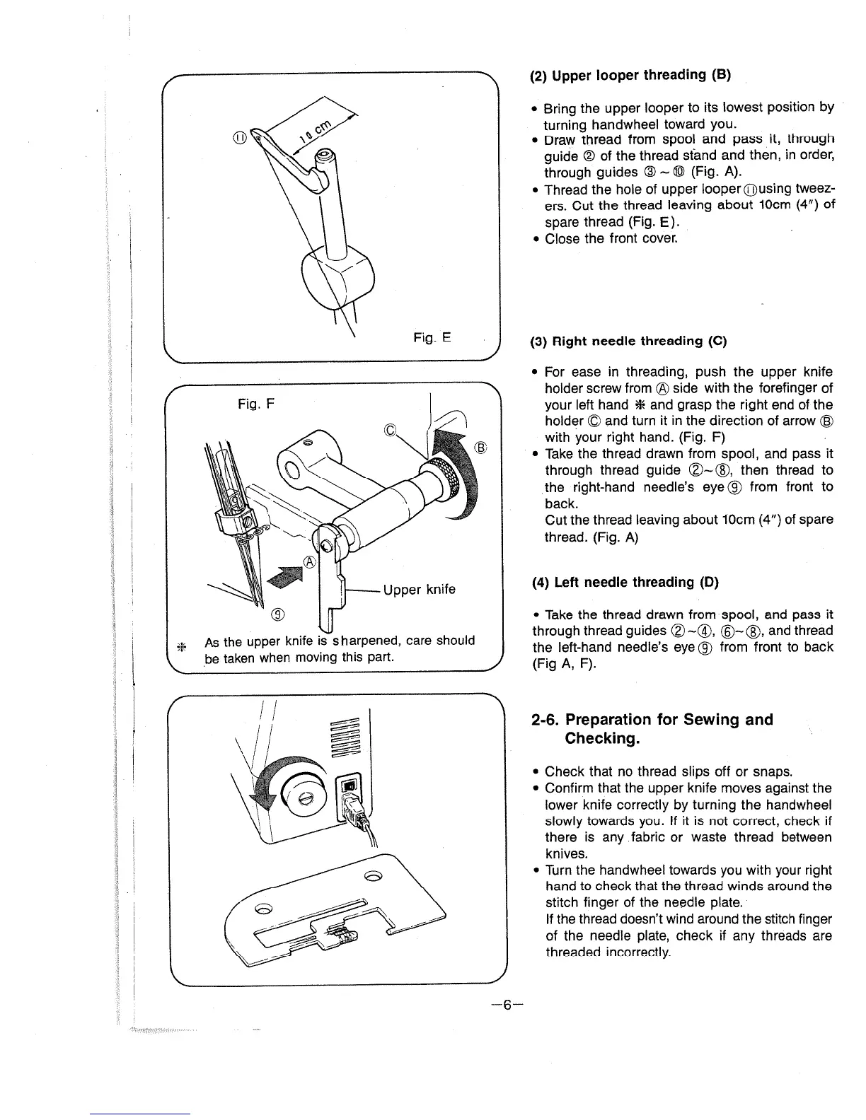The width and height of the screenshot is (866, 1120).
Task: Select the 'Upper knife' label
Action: coord(419,590)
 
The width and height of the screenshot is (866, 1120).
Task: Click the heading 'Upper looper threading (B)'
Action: coord(630,75)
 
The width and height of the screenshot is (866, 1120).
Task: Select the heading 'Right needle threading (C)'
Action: coord(629,341)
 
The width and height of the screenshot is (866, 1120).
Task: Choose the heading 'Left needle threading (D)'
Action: coord(625,583)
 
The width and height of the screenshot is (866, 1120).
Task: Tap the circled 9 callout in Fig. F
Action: coord(278,612)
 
